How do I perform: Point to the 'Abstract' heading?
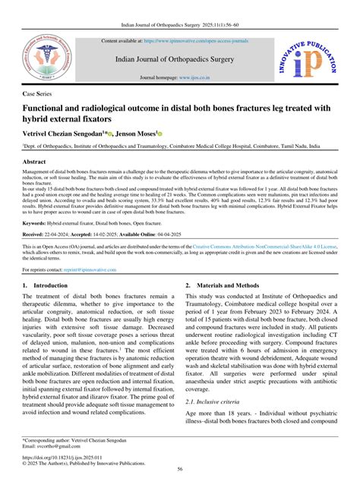click(35, 162)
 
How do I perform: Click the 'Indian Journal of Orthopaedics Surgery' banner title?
click(180, 58)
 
